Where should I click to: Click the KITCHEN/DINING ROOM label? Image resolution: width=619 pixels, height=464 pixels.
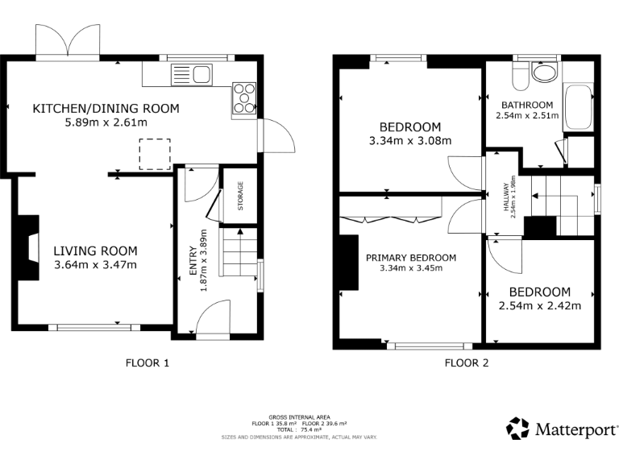[106, 109]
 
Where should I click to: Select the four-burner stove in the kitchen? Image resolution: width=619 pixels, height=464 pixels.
[245, 97]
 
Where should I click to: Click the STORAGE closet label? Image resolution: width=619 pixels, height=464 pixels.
[240, 196]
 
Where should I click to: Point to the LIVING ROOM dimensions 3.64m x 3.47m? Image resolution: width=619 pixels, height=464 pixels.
[96, 265]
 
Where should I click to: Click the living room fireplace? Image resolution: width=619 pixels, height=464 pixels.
[30, 247]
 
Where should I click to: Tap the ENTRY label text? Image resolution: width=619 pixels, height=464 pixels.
[193, 261]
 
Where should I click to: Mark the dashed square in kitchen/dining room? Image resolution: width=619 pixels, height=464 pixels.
[155, 154]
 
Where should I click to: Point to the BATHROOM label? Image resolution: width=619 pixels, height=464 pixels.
[527, 105]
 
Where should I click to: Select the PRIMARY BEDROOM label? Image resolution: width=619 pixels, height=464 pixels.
[411, 258]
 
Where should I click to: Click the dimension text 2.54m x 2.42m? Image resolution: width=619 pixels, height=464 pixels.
[539, 305]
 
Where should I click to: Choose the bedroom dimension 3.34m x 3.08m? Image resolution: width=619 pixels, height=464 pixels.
[410, 141]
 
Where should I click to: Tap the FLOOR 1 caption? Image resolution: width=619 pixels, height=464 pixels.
[147, 362]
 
